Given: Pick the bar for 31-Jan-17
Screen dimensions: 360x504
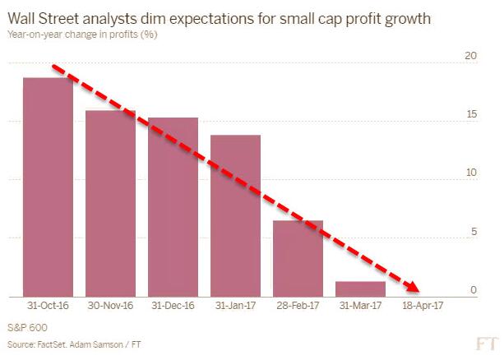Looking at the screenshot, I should [235, 215].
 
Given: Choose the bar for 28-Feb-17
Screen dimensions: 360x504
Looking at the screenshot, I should [298, 258].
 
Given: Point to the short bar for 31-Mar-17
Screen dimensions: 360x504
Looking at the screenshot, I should [360, 288].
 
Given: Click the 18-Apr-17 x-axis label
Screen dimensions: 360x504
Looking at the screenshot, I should [423, 308].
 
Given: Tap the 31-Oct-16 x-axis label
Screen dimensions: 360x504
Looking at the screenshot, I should [48, 308].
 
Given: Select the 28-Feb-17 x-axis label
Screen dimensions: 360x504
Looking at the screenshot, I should [298, 308].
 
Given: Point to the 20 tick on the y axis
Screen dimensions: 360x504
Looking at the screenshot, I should [470, 56].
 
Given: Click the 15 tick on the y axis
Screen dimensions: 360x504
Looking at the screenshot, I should [470, 114].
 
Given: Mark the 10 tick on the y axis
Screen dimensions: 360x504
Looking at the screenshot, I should [470, 173].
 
